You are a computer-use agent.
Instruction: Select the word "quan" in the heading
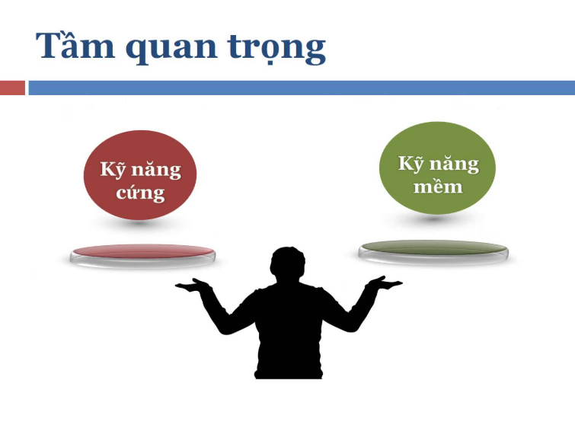coord(171,49)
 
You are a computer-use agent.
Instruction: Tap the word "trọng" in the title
coord(276,49)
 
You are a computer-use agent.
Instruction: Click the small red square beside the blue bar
coord(12,88)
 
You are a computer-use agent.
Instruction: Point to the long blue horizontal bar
coord(302,88)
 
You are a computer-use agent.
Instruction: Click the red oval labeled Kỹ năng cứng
coord(140,175)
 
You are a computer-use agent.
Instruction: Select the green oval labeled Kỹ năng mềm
coord(437,168)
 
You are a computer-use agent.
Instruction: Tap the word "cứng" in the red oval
coord(140,193)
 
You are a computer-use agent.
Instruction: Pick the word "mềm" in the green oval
coord(438,186)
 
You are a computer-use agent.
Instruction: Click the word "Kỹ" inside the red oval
coord(113,170)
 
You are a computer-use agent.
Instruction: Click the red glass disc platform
coord(142,255)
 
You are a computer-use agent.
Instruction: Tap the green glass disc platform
coord(433,251)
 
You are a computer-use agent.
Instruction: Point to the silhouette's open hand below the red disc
coord(193,285)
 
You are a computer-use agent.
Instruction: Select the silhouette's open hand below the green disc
coord(384,283)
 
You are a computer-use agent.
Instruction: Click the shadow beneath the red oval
coord(139,222)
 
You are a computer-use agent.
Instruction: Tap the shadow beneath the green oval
coord(433,219)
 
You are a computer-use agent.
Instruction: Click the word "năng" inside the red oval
coord(156,171)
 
